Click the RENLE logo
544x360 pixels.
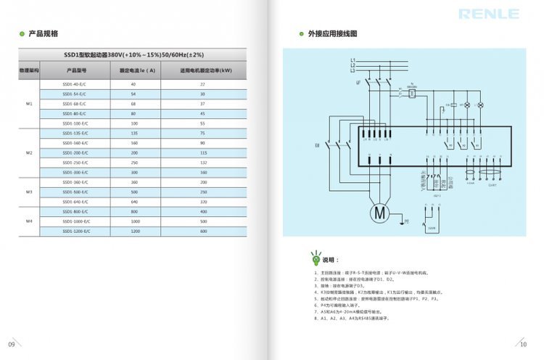pos(488,15)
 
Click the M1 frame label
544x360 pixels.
pos(30,105)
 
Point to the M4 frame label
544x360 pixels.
pos(30,221)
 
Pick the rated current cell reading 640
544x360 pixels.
pos(133,201)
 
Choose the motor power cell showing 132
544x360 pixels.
pos(202,163)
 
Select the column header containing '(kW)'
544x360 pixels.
pos(205,70)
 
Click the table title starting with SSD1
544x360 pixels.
pos(133,55)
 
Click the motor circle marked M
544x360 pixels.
pos(380,212)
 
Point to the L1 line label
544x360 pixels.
pos(353,59)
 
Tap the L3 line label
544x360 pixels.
pos(353,70)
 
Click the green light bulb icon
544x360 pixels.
pos(316,258)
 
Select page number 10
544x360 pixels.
pos(524,344)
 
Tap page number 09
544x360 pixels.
pos(11,344)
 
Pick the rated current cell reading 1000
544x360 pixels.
pos(133,221)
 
